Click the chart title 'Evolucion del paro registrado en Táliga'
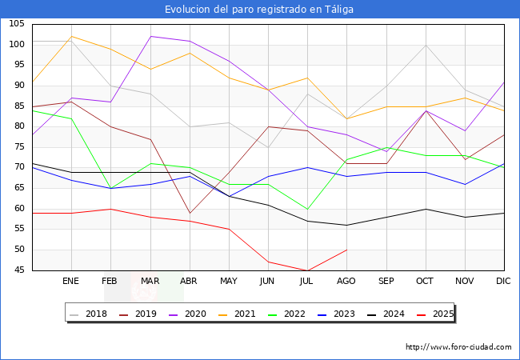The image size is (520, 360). pos(259,10)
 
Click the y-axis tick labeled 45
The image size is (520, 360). pos(18,270)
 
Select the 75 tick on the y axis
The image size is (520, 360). pos(18,147)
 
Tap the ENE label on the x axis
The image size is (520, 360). pos(71,282)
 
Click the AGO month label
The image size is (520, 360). pos(346,282)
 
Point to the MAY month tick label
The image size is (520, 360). pos(229,282)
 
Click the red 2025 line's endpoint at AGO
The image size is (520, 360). pos(346,250)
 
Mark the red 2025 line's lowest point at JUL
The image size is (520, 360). pos(307,270)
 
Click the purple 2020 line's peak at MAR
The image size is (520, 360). pos(150,36)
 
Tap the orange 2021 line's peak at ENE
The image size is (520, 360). pos(71,36)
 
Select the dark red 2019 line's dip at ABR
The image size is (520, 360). pos(190,213)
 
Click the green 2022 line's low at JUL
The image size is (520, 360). pos(307,209)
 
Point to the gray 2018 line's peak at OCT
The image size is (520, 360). pos(426,45)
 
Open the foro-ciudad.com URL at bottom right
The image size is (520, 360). pos(458,347)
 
